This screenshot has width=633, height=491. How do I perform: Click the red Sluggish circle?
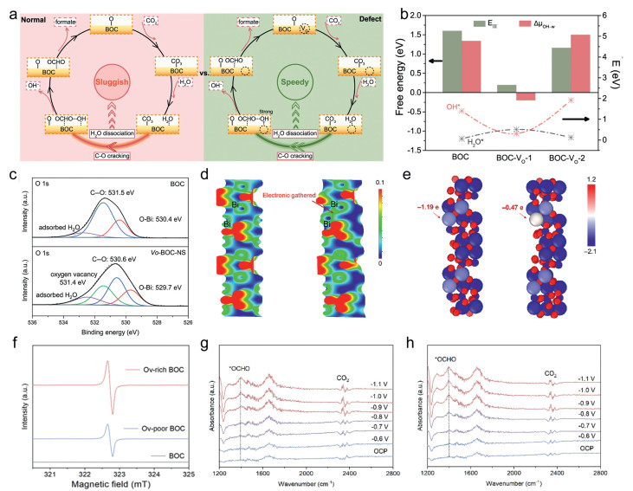point(117,86)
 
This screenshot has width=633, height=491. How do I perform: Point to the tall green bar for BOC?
point(475,61)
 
